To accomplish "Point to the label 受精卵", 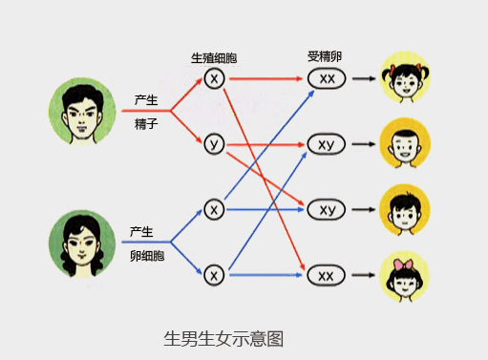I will (326, 56).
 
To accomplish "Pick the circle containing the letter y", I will (214, 144).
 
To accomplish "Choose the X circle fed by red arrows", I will (214, 77).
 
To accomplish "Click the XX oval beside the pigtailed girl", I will (328, 78).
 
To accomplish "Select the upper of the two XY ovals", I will (328, 145).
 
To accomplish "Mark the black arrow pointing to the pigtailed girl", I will (363, 78).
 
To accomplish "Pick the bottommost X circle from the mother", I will (214, 275).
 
